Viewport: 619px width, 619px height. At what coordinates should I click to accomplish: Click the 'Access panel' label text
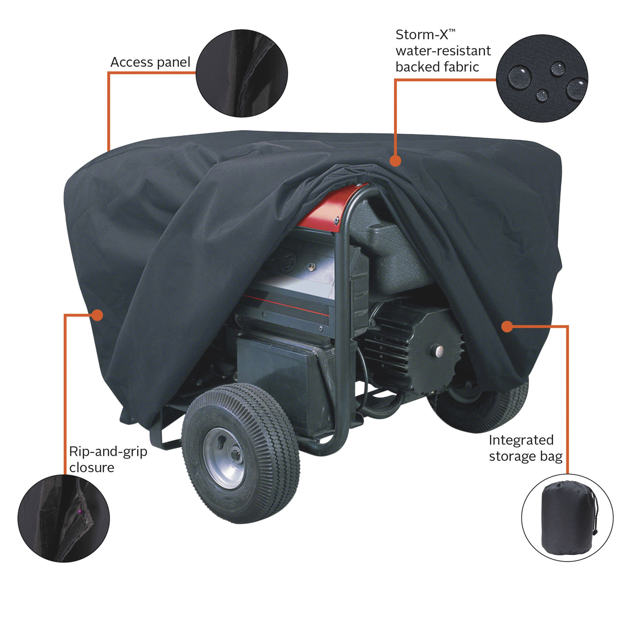tap(150, 62)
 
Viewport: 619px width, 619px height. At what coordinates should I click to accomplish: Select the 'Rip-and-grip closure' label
tap(108, 459)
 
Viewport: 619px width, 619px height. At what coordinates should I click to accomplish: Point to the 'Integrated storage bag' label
tap(526, 448)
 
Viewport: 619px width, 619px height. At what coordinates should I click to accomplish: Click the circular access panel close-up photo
tap(242, 73)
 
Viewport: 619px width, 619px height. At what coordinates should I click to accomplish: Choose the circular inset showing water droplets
tap(542, 78)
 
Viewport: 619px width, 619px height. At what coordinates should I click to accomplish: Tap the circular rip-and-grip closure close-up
tap(63, 518)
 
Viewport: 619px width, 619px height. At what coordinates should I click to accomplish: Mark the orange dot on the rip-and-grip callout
tap(97, 315)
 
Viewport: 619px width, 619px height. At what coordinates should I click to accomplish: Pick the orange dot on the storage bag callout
tap(507, 327)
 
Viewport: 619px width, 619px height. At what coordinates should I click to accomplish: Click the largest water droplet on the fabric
tap(520, 78)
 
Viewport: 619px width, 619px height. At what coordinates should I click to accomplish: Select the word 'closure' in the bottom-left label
tap(92, 468)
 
